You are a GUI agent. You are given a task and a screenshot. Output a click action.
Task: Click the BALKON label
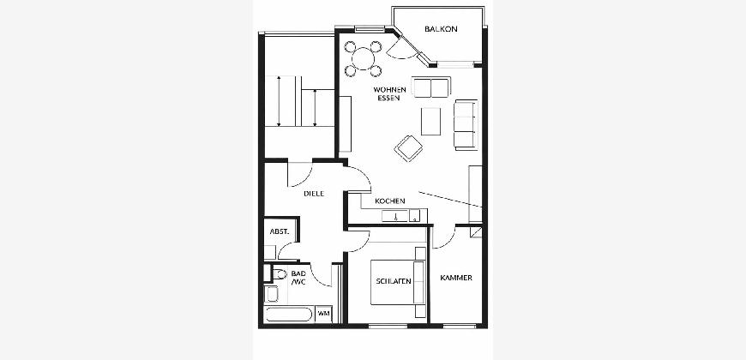pos(441,29)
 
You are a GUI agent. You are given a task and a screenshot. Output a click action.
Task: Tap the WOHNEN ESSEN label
pos(389,93)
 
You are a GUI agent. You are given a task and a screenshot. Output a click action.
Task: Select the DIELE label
pos(314,194)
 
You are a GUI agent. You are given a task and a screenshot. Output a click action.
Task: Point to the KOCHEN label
pos(389,201)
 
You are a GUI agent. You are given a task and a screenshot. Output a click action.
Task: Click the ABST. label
pos(280,231)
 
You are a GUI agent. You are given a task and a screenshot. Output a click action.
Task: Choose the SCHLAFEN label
pos(394,281)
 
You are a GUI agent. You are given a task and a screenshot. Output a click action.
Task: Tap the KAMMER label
pos(456,278)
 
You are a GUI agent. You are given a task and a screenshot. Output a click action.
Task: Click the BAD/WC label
pos(298,278)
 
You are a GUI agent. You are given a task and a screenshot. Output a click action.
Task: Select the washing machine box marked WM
pos(323,314)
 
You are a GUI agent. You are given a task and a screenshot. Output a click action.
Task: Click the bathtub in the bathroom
pos(288,315)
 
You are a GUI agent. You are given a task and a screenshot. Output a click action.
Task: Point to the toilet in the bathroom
pos(279,274)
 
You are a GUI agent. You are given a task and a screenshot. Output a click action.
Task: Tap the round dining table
pos(363,59)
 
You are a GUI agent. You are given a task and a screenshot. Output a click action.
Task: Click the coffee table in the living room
pos(430,121)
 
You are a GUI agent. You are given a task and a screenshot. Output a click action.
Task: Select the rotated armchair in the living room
pos(409,148)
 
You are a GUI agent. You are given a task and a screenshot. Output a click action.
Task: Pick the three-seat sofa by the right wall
pos(466,124)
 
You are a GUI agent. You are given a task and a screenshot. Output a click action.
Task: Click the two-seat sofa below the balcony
pos(431,87)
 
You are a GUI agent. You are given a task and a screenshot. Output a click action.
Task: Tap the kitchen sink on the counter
pos(395,216)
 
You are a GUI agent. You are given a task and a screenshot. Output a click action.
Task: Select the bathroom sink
pos(272,294)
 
